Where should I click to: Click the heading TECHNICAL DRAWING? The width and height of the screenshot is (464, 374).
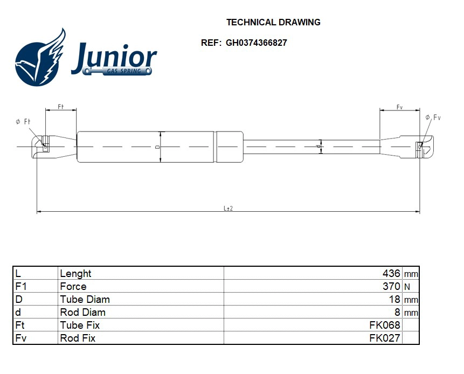coord(273,23)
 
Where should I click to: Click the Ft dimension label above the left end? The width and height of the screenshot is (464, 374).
coord(61,107)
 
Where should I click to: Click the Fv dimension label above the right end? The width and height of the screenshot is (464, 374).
coord(399,107)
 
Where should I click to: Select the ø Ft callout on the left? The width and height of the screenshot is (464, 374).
coord(24,122)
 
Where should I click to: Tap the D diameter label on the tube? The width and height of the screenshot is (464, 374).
coord(157,146)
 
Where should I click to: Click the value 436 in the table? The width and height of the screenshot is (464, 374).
coord(391,274)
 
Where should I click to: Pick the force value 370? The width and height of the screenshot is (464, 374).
coord(391,287)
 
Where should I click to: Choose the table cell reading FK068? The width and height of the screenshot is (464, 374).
coord(384,325)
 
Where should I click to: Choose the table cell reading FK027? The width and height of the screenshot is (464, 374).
coord(384,338)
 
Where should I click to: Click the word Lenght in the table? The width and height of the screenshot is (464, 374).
coord(75,274)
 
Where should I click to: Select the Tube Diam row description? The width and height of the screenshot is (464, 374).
coord(85,300)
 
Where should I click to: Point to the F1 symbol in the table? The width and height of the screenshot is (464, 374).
coord(22,287)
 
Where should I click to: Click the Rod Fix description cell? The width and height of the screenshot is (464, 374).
coord(78,338)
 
